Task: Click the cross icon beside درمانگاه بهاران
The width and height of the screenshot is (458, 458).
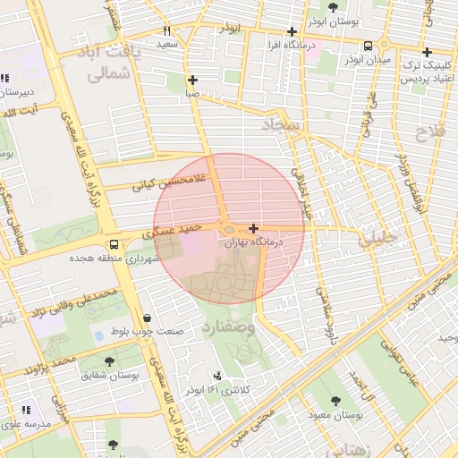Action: (x=255, y=228)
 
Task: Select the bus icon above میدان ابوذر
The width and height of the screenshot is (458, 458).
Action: (x=369, y=47)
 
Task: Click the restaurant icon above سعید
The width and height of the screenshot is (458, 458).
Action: (x=166, y=30)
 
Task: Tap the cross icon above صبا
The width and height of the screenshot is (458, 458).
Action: (x=192, y=80)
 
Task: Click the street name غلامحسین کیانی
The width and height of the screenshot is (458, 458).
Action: (x=169, y=182)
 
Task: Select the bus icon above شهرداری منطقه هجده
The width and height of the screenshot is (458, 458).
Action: (x=113, y=244)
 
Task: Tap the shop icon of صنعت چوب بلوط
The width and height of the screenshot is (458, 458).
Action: (x=146, y=318)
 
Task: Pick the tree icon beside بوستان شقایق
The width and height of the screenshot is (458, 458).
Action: (x=109, y=361)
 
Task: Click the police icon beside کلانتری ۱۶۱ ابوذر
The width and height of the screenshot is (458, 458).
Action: (x=218, y=377)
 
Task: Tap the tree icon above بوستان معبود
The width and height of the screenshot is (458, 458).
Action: (x=335, y=402)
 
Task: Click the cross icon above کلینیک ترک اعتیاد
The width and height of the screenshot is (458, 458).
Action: (x=427, y=52)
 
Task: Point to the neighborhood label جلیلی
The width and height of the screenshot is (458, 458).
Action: (x=376, y=240)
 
